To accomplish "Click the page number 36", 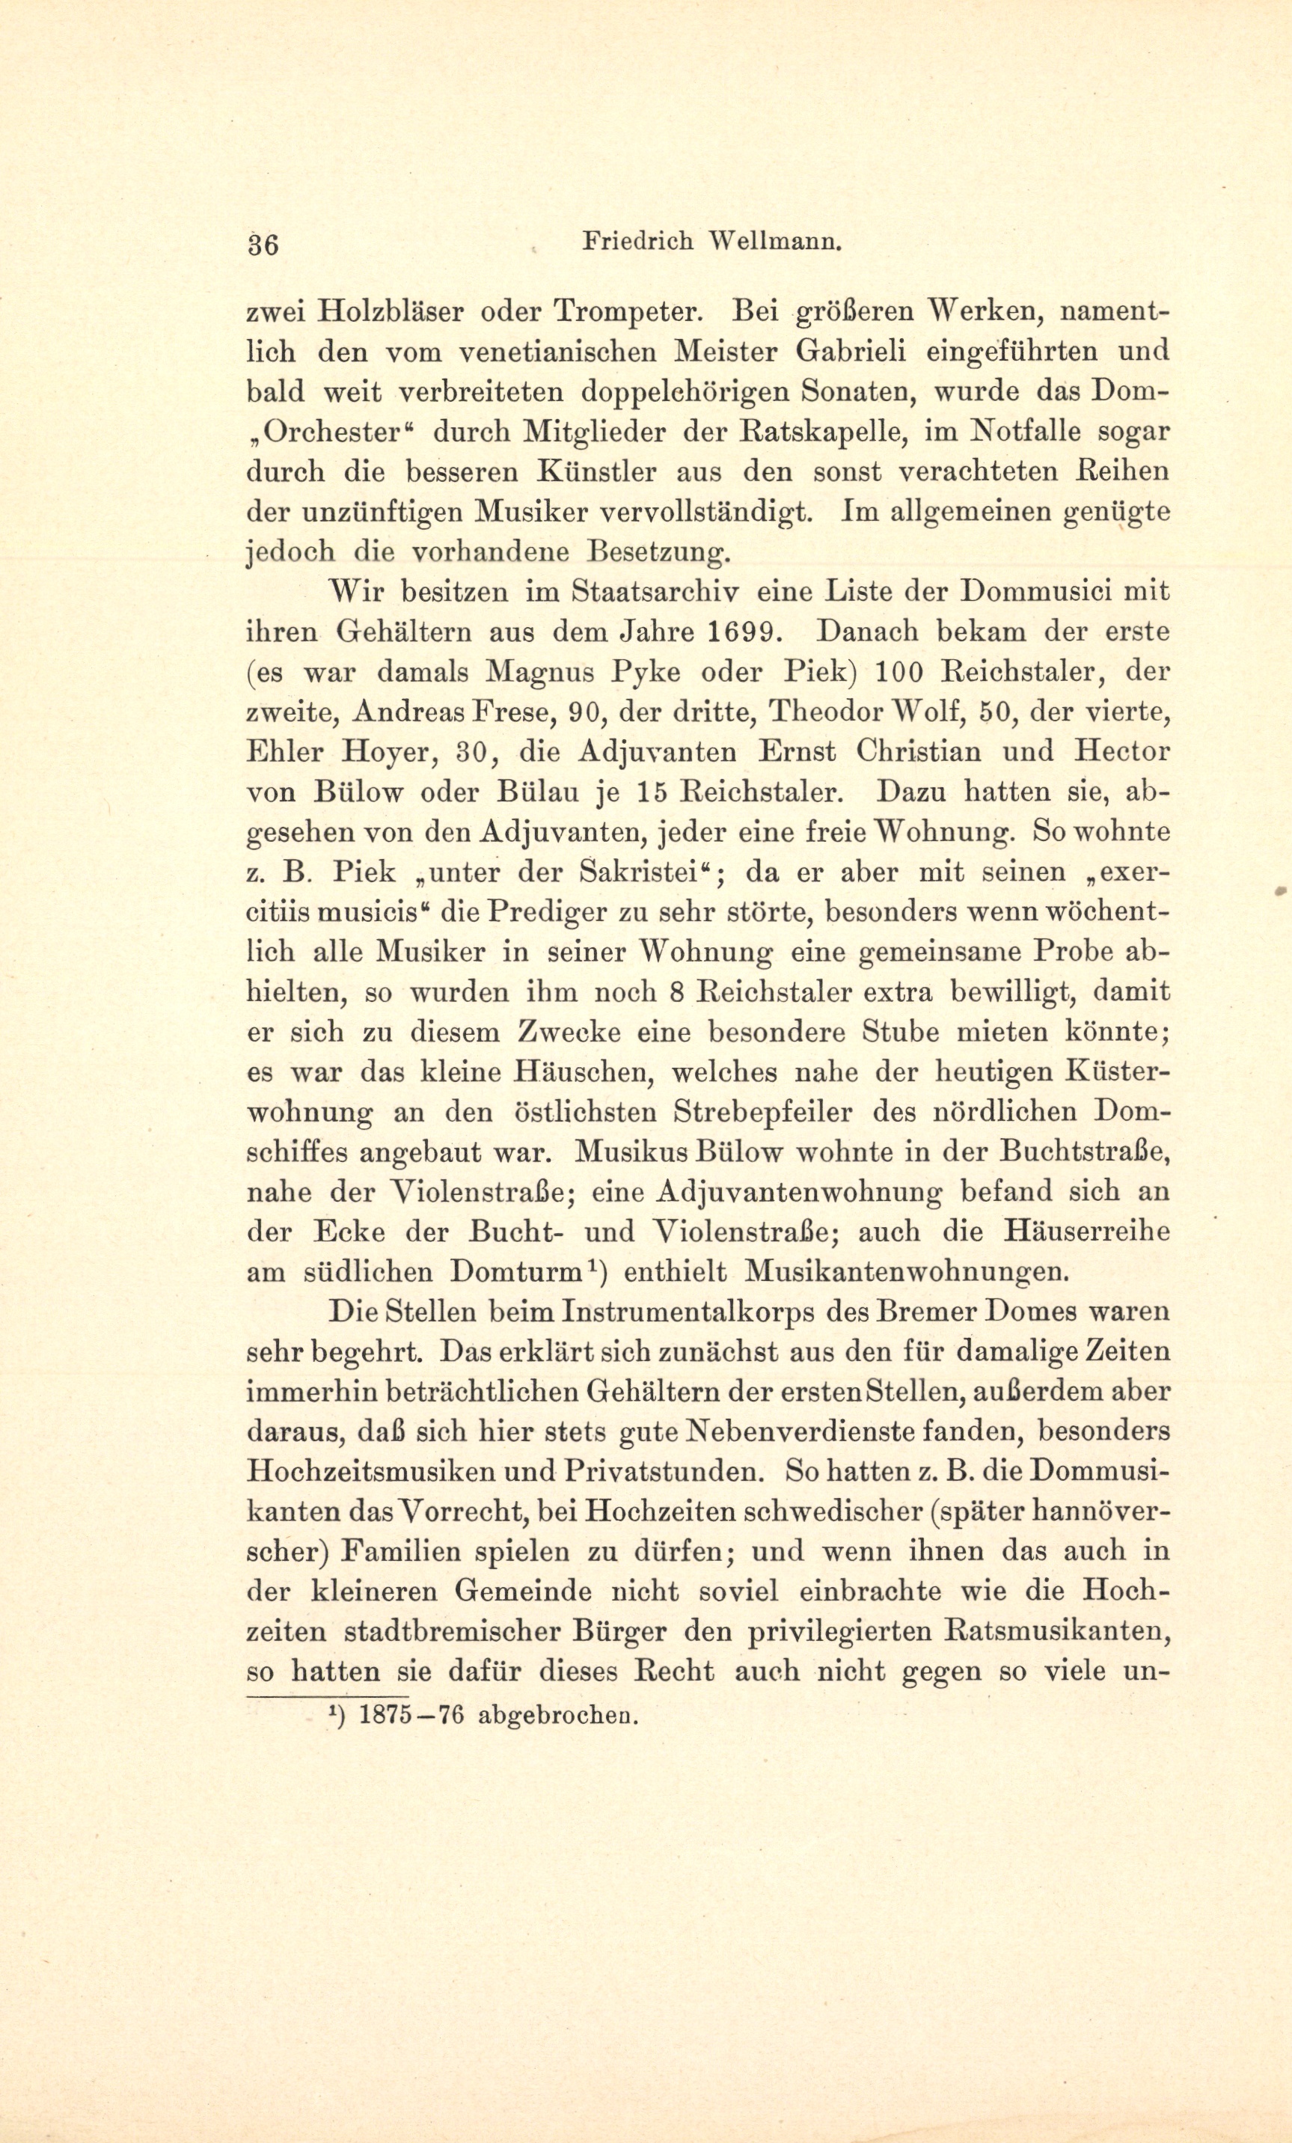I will [262, 245].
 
